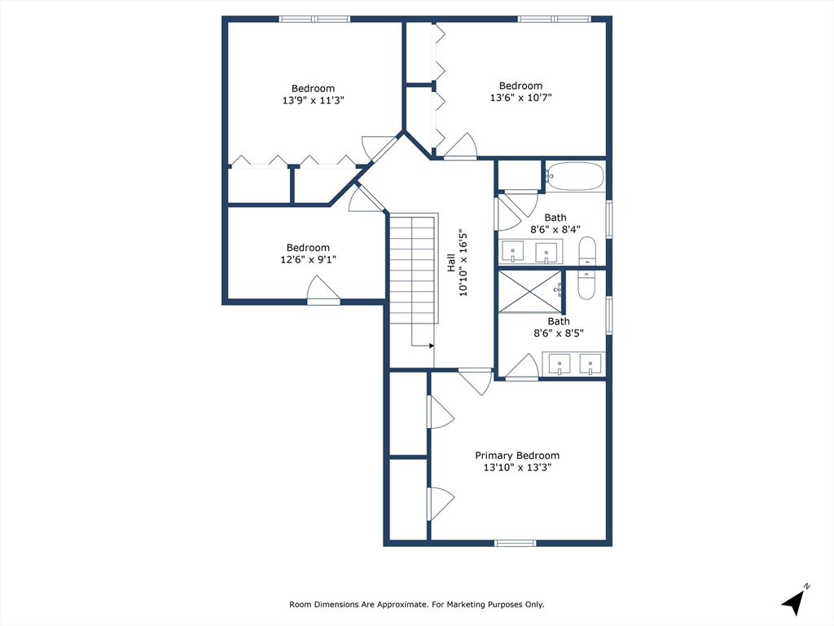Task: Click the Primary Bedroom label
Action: pyautogui.click(x=517, y=456)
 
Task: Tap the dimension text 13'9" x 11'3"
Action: pyautogui.click(x=314, y=100)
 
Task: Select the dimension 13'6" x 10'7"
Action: pyautogui.click(x=520, y=98)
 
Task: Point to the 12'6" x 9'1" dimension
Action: pyautogui.click(x=309, y=259)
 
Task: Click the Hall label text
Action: pyautogui.click(x=451, y=262)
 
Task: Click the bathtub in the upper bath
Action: pyautogui.click(x=574, y=176)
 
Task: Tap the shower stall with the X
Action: pyautogui.click(x=530, y=292)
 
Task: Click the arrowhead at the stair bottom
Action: pyautogui.click(x=432, y=346)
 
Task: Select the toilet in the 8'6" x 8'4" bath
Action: pyautogui.click(x=587, y=251)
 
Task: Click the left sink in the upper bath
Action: pyautogui.click(x=513, y=251)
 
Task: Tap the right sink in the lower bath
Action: pyautogui.click(x=590, y=364)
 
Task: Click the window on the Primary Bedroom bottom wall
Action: pyautogui.click(x=515, y=543)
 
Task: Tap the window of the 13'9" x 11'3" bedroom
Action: pyautogui.click(x=315, y=20)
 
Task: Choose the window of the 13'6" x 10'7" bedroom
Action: pyautogui.click(x=554, y=20)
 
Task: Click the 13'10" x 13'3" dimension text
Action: pyautogui.click(x=517, y=467)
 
